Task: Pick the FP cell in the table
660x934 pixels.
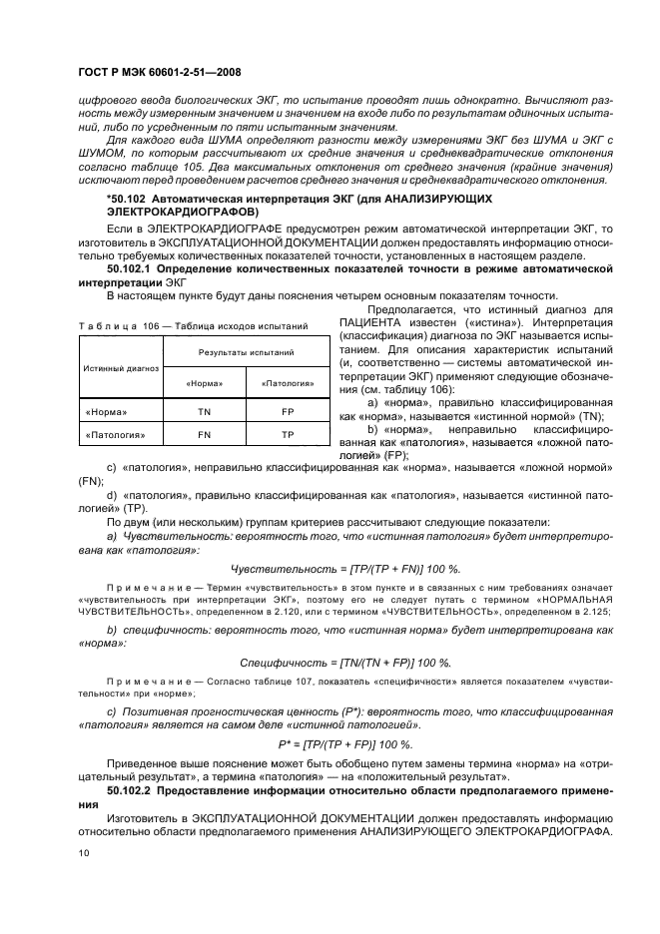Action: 288,410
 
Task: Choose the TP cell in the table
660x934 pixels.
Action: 288,435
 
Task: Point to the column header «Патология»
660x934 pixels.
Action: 288,383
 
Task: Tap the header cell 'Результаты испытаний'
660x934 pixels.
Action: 246,353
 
